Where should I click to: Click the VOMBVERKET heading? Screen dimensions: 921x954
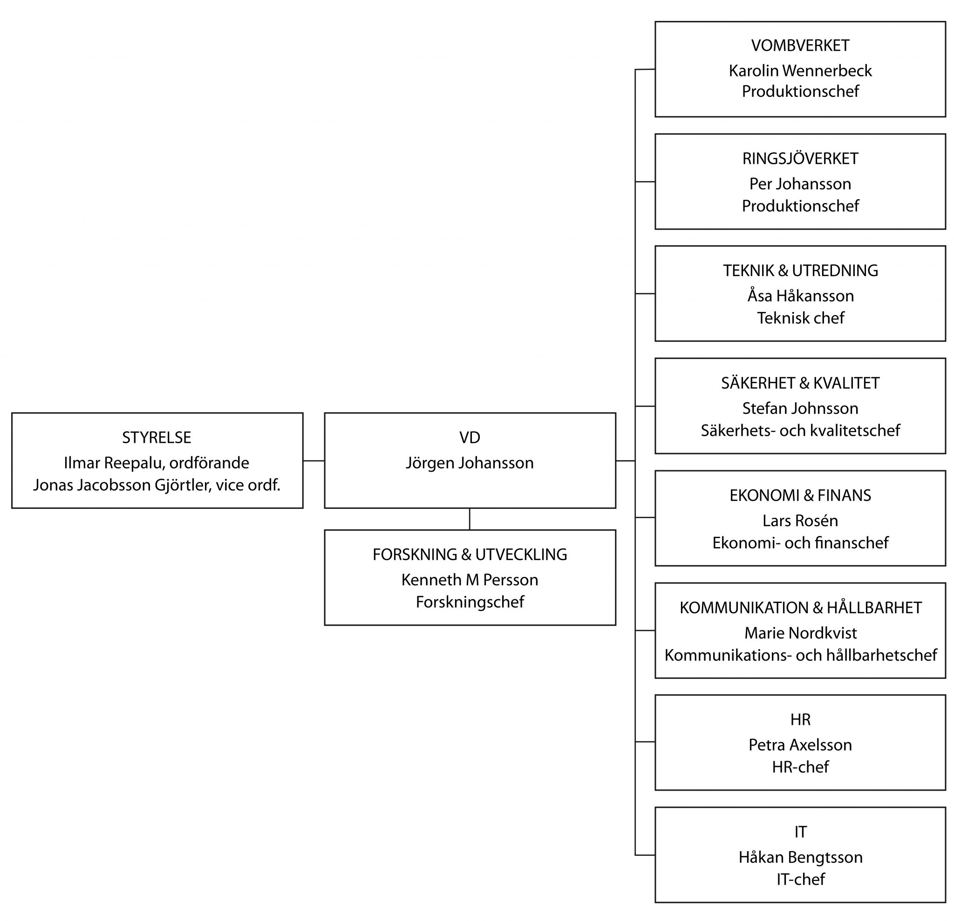(x=800, y=46)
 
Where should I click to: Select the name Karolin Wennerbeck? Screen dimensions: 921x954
(x=800, y=71)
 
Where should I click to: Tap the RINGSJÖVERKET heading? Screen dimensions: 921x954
(x=800, y=159)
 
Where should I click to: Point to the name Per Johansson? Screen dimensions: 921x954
(x=800, y=184)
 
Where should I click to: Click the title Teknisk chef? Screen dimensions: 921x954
(x=800, y=318)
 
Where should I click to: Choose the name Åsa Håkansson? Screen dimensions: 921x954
(x=800, y=296)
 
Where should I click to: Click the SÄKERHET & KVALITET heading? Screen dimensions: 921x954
(x=800, y=383)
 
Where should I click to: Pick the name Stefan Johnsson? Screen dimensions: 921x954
(x=800, y=408)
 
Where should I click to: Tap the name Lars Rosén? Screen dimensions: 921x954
(x=800, y=521)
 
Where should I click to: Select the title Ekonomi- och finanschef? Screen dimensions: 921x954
(x=800, y=542)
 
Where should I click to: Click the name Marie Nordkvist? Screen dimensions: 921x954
(x=800, y=633)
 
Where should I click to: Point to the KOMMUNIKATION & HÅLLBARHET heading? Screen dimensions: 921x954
(x=800, y=608)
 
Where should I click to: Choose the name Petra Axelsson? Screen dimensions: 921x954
(x=800, y=745)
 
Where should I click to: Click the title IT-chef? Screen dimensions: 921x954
(x=800, y=879)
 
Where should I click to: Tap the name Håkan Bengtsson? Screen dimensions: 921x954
(x=800, y=857)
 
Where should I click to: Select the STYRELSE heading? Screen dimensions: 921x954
(x=156, y=438)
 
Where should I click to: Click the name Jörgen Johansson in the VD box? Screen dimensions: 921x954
(x=469, y=463)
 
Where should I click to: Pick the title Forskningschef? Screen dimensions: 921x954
(x=469, y=602)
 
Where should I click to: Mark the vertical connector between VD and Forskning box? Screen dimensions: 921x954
(x=469, y=519)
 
